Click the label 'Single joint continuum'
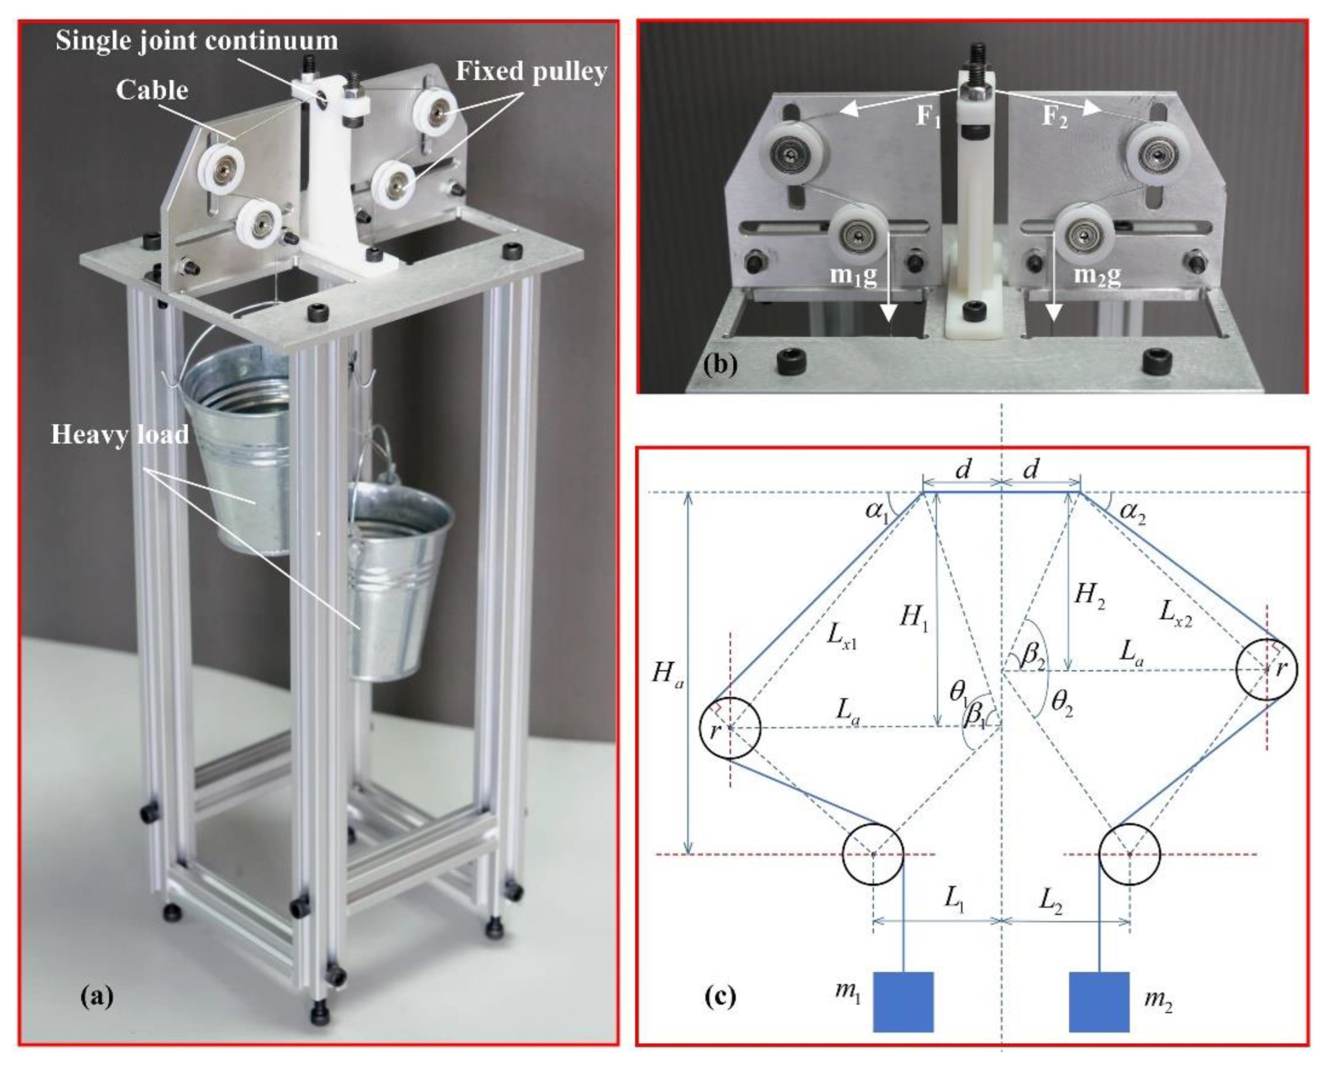tap(197, 40)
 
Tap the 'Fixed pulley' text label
tap(531, 72)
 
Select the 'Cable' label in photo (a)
tap(152, 90)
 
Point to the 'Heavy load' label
tap(120, 435)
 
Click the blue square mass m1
tap(903, 1001)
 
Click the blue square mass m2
tap(1099, 1001)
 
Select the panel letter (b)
tap(720, 365)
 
